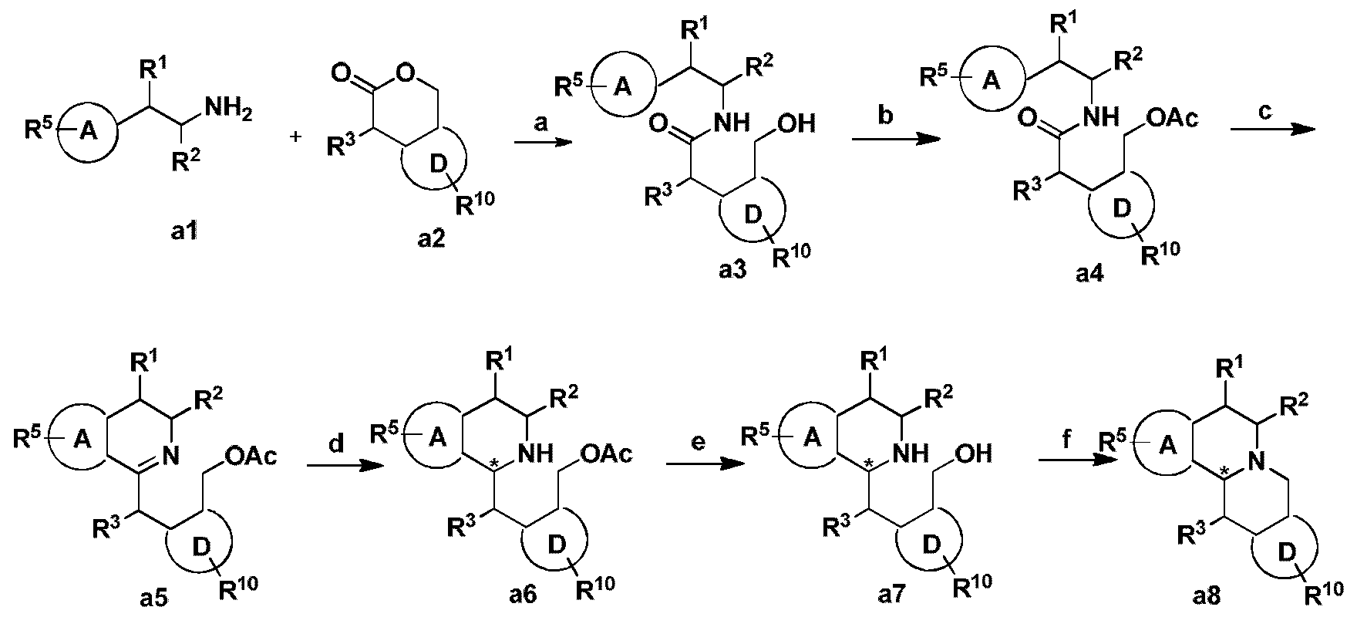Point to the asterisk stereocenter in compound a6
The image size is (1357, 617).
coord(494,466)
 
